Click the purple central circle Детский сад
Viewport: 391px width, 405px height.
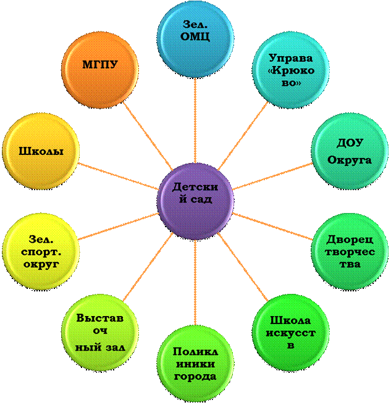click(x=195, y=194)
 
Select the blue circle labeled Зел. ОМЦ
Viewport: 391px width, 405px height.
click(x=196, y=31)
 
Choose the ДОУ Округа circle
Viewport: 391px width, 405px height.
click(x=349, y=152)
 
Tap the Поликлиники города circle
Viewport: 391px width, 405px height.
click(x=195, y=364)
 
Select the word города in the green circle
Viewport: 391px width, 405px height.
click(x=195, y=377)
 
